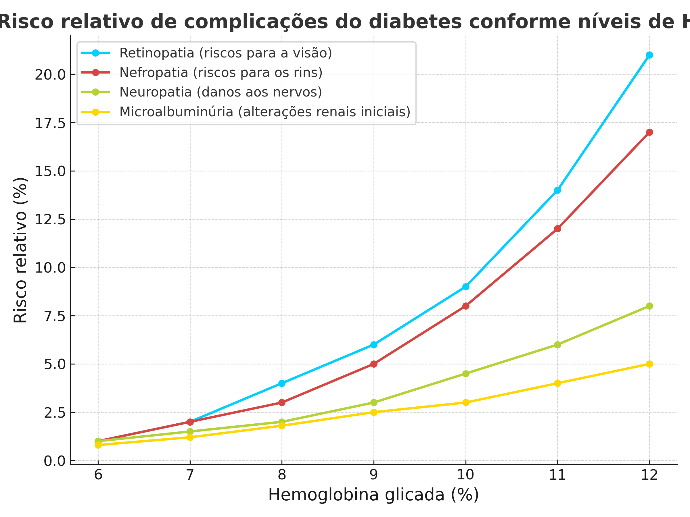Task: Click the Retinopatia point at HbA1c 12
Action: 649,55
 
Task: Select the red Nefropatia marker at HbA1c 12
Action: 649,132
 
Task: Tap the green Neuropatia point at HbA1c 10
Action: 466,374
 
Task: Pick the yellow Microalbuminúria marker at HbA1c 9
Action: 374,412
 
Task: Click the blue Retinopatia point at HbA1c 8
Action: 282,383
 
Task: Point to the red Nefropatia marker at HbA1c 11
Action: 557,229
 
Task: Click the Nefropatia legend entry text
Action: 221,73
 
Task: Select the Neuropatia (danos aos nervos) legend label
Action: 221,92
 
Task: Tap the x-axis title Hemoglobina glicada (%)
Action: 373,495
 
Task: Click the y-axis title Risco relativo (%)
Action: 21,250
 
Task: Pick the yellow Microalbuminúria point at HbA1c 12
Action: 649,364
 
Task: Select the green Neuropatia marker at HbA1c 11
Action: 557,345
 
